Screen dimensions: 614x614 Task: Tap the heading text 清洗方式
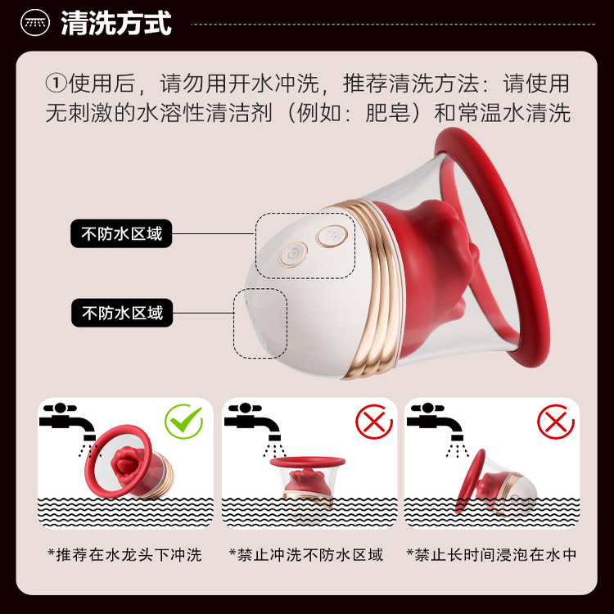[x=116, y=24]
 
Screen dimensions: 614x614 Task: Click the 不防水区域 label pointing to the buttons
[x=121, y=234]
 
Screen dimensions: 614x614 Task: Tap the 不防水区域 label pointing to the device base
[x=121, y=312]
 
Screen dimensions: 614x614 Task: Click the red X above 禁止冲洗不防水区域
[x=371, y=422]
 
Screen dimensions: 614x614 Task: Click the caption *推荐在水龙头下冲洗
[x=124, y=554]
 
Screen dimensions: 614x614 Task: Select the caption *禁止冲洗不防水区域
[x=307, y=554]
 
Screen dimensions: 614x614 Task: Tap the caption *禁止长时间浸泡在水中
[x=491, y=554]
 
